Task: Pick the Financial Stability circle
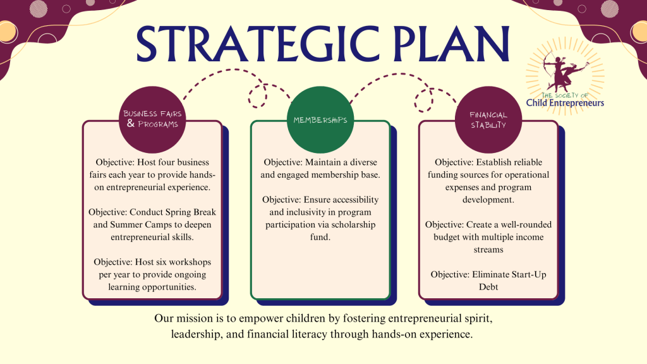(488, 119)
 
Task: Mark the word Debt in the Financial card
(488, 287)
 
